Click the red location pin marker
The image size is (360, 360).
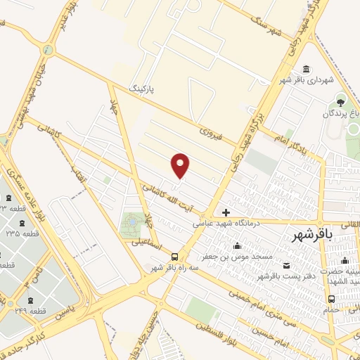(x=181, y=165)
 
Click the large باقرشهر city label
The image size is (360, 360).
(x=314, y=236)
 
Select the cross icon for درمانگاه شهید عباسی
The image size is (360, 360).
(x=226, y=212)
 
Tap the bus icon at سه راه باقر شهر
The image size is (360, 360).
(x=184, y=257)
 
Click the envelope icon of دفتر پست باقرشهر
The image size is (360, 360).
(x=286, y=265)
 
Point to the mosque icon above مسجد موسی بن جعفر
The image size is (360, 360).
(x=238, y=246)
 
